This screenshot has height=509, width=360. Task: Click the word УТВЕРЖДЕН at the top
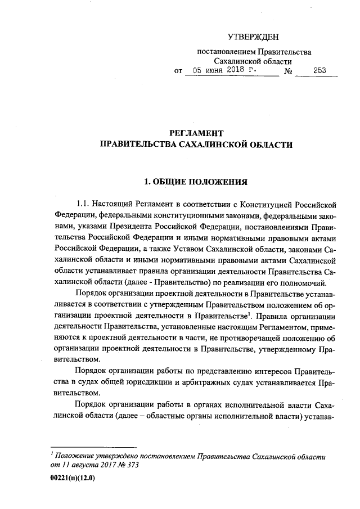[253, 37]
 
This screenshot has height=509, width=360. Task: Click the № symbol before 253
[288, 72]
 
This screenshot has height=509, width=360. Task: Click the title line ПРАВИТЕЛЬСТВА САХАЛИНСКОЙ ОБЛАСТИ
[196, 145]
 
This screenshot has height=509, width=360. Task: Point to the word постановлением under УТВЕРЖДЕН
[229, 52]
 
